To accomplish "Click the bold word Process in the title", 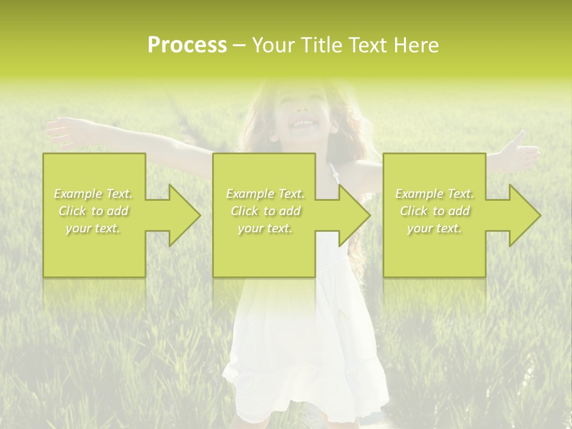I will tap(187, 45).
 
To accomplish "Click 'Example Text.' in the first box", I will tap(94, 194).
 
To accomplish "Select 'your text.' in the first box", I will tap(94, 228).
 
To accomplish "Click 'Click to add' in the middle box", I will tap(265, 211).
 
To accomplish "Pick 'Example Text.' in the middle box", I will tap(265, 194).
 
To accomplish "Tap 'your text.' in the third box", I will tap(434, 228).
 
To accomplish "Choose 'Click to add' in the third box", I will tap(434, 211).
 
